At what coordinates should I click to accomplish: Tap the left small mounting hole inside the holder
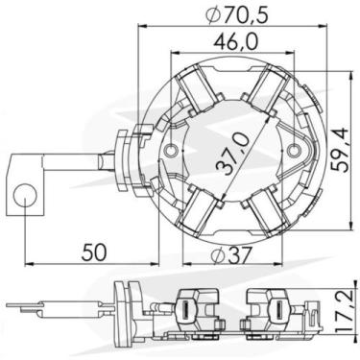pos(172,151)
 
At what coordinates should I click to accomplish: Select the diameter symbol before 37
pos(213,255)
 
